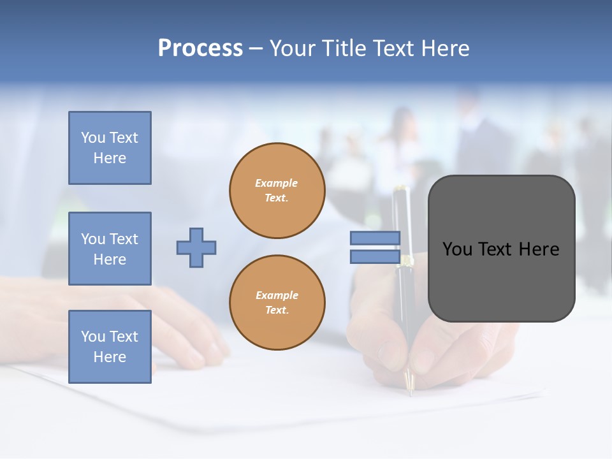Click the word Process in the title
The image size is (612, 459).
pos(200,48)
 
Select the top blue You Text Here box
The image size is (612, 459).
pos(110,148)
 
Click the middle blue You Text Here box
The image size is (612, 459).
pos(110,249)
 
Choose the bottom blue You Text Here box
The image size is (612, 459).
pos(110,346)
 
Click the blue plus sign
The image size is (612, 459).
pos(196,247)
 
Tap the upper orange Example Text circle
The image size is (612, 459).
pos(277,191)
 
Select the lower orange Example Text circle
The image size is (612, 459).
pos(277,303)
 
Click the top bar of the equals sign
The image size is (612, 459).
pos(375,238)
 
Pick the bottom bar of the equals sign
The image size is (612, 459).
pos(375,257)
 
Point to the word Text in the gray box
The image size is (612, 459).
pos(495,249)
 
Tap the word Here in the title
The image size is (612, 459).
pos(444,48)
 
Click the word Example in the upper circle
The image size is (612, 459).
pos(277,183)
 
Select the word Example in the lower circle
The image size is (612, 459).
pos(277,295)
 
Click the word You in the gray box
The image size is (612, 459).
pos(456,249)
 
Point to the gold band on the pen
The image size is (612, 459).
pos(405,260)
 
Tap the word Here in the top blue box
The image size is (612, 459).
pos(110,158)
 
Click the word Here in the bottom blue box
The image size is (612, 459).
pos(110,357)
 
